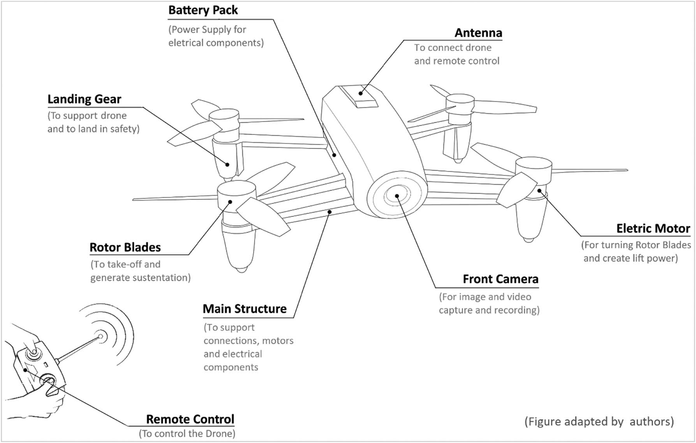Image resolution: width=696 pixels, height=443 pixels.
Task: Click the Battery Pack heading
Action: click(203, 10)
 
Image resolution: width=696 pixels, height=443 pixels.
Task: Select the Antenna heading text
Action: click(478, 33)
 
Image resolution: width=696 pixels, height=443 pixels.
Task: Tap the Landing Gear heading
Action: click(84, 99)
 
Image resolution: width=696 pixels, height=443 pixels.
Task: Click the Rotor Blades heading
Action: click(125, 247)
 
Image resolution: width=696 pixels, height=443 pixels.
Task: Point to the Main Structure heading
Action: click(245, 309)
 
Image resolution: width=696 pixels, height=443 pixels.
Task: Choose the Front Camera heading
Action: click(500, 279)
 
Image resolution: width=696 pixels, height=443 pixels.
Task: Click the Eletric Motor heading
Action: click(653, 228)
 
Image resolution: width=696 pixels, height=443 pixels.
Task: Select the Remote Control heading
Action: click(190, 419)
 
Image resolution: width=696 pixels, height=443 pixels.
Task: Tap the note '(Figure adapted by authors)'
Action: click(599, 421)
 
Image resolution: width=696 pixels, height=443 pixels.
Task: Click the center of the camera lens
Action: click(397, 196)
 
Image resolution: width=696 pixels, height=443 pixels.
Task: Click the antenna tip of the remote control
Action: click(100, 336)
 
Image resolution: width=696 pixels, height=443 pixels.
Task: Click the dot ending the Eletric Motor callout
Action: click(539, 191)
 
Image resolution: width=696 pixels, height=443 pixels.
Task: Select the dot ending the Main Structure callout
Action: click(329, 212)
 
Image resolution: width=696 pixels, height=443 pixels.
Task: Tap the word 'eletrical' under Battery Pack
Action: click(185, 43)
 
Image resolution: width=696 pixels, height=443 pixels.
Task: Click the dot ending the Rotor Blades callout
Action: click(231, 201)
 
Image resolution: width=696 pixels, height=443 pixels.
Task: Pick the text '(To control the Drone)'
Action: click(187, 434)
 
